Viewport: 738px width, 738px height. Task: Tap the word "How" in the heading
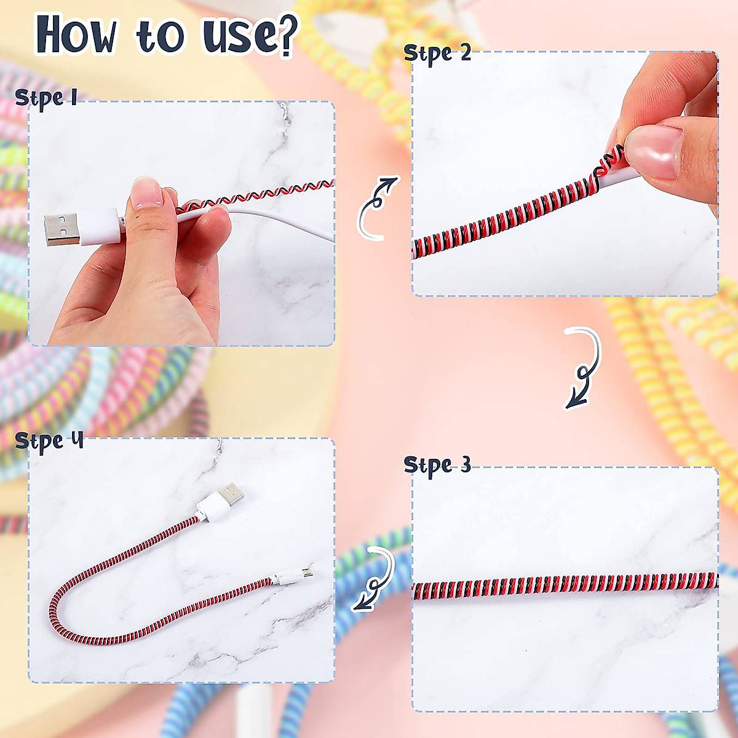point(76,35)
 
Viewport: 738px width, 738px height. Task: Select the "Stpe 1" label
point(46,98)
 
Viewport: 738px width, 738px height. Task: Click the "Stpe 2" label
point(437,54)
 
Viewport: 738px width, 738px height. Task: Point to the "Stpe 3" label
point(437,465)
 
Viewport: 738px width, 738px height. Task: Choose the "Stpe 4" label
point(49,441)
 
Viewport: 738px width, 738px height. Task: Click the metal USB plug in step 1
point(61,229)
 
